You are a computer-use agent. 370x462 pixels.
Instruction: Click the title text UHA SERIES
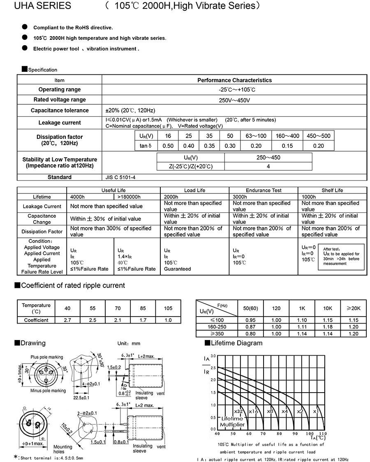(x=37, y=6)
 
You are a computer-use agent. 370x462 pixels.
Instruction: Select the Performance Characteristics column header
(x=234, y=80)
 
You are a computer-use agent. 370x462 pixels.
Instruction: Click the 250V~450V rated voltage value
(x=234, y=100)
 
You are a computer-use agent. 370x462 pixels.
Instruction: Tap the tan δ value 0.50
(x=168, y=146)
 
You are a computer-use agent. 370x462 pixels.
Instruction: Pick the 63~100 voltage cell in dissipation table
(x=256, y=136)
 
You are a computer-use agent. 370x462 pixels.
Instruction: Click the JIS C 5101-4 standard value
(x=121, y=177)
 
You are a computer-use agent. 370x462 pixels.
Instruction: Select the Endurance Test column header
(x=264, y=190)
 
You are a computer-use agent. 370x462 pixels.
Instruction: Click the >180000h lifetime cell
(x=129, y=197)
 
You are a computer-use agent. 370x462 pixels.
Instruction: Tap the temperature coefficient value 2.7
(x=67, y=320)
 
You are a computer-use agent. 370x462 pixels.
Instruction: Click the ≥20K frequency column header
(x=353, y=308)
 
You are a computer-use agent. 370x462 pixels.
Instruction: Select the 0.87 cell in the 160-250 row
(x=250, y=327)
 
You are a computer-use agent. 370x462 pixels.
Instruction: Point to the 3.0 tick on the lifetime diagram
(x=213, y=356)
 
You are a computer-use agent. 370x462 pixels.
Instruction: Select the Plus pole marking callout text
(x=47, y=357)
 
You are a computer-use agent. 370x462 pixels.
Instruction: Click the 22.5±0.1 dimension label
(x=82, y=398)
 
